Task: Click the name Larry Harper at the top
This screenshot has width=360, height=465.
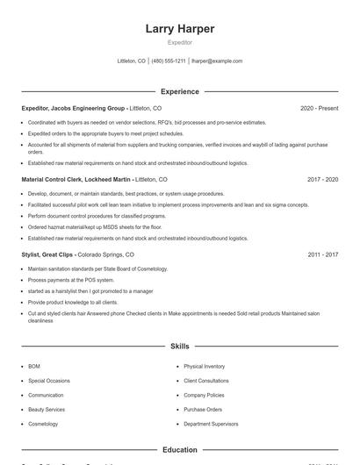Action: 180,29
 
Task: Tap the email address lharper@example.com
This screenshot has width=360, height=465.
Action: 217,61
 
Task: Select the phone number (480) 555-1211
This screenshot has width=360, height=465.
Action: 169,61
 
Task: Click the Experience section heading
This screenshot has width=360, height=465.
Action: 180,91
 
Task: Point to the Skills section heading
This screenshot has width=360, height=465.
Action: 180,347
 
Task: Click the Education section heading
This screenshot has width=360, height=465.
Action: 180,450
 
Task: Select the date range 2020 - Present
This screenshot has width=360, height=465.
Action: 319,108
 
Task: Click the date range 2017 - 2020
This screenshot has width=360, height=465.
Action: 322,179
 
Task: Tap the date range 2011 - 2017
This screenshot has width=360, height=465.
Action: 322,254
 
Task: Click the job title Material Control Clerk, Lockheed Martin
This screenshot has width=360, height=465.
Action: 77,179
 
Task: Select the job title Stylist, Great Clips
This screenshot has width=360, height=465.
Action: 52,254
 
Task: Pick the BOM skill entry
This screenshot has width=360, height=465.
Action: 34,366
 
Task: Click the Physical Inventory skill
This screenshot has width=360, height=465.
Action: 204,366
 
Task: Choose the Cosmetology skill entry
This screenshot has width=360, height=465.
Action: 43,424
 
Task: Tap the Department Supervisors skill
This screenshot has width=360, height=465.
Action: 211,424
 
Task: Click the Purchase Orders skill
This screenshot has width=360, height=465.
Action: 202,409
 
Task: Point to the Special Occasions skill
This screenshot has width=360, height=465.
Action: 48,381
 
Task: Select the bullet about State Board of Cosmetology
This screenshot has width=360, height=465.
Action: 97,268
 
